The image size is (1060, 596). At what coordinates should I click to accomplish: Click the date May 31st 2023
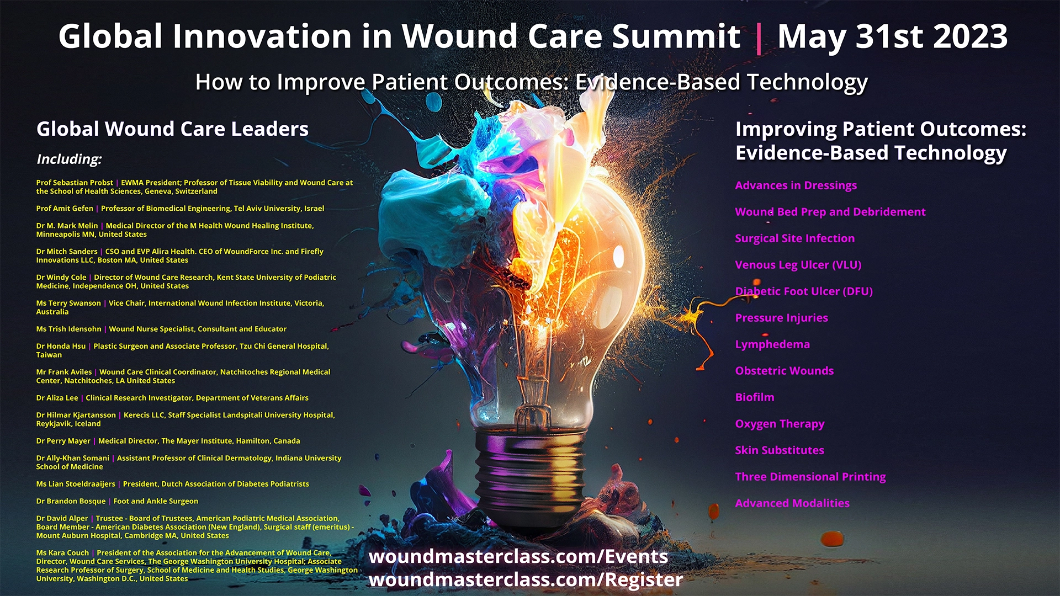892,36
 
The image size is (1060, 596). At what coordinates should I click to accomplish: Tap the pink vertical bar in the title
759,38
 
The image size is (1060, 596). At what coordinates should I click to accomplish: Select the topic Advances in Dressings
796,185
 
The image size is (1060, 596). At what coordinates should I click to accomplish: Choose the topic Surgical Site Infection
794,238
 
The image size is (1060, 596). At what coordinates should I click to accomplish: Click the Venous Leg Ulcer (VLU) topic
798,265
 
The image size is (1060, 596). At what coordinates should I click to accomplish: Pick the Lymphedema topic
772,344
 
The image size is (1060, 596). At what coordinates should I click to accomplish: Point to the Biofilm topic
754,397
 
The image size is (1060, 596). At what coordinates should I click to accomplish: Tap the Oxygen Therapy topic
780,424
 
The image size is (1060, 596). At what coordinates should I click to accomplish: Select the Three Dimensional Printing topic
810,477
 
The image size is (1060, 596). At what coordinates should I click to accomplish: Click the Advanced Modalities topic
792,503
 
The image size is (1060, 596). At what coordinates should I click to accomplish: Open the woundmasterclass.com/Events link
518,556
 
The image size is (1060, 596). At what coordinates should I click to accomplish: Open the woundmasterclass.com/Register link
526,579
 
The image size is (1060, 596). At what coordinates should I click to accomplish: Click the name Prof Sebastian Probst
75,183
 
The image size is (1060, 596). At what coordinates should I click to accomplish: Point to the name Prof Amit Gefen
65,209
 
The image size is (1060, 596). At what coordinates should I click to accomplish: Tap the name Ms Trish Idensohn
68,329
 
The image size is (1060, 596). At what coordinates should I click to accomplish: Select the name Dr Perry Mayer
63,441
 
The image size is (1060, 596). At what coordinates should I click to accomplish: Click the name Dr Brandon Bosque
71,501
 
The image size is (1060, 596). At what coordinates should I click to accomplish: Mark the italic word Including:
69,159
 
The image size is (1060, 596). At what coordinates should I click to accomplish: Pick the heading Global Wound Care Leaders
172,129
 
